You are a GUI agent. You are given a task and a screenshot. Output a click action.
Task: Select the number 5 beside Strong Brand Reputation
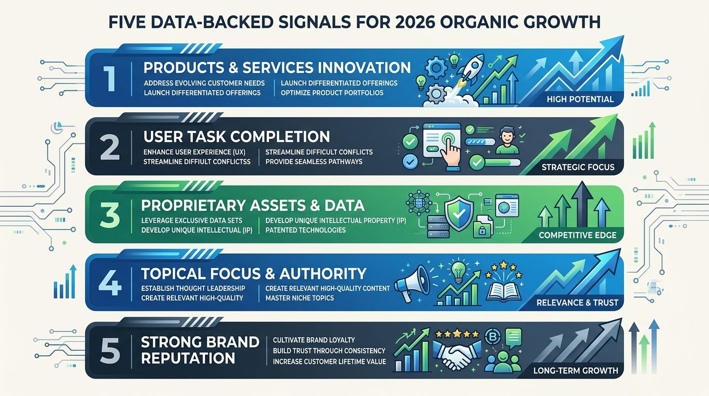click(x=110, y=350)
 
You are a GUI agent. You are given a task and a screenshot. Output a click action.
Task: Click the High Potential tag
click(x=580, y=98)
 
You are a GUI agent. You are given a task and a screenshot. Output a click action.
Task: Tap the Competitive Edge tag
click(x=577, y=236)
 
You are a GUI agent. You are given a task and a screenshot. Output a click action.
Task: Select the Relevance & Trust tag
click(x=577, y=303)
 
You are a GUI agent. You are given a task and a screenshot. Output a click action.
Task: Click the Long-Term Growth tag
click(x=576, y=370)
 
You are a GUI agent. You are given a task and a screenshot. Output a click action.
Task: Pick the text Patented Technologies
click(x=306, y=230)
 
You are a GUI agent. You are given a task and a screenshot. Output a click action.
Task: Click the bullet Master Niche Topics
click(x=299, y=298)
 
